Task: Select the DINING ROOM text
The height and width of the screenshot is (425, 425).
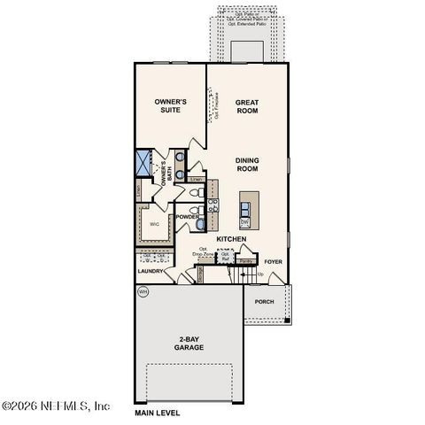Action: click(x=246, y=164)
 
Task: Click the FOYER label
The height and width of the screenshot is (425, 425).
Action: click(x=273, y=262)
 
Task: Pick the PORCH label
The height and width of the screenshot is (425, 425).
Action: click(x=264, y=302)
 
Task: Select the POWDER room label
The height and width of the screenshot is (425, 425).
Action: click(x=187, y=217)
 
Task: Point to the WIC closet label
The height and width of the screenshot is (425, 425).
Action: click(x=153, y=224)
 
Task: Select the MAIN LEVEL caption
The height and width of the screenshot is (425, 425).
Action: click(x=157, y=413)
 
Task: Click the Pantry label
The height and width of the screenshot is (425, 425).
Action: click(x=247, y=261)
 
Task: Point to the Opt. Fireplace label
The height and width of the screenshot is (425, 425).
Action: click(x=217, y=106)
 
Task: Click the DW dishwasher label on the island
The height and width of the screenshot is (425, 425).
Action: click(x=244, y=223)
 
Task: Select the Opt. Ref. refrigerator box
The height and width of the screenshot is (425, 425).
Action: click(x=225, y=256)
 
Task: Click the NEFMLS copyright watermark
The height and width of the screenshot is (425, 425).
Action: click(x=55, y=406)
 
